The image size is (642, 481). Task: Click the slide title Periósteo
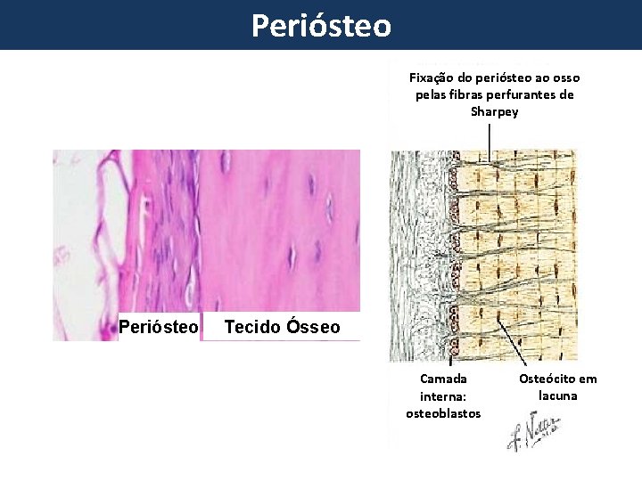coord(321,25)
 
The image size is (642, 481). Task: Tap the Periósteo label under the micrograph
coord(159,327)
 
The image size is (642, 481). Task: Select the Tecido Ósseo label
coord(282,327)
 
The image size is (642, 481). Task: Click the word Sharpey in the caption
coord(494,111)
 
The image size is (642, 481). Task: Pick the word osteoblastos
coord(443,413)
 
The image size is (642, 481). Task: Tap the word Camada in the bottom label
coord(443,379)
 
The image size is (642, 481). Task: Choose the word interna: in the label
coord(443,396)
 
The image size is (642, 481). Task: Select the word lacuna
coord(558,395)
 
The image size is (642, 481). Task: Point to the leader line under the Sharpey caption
coord(489,138)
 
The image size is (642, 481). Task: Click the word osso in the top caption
coord(565,77)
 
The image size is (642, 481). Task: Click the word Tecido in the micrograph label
coord(251,327)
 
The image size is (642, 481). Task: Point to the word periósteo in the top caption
coord(500,77)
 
